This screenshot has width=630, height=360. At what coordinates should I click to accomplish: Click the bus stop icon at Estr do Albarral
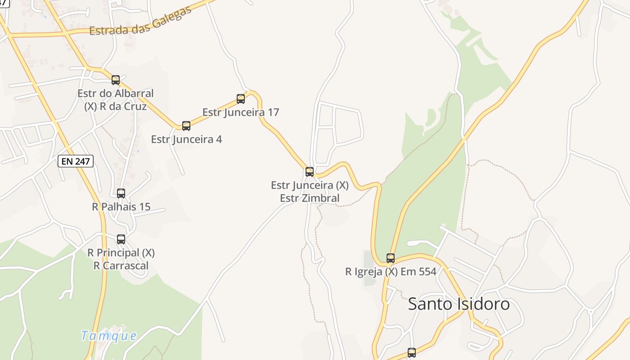tap(116, 80)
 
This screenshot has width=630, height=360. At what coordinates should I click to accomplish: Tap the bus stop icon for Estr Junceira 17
tap(241, 99)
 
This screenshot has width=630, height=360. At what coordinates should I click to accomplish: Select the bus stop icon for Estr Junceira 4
tap(186, 126)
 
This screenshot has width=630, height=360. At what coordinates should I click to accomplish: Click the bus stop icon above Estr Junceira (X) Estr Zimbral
tap(310, 171)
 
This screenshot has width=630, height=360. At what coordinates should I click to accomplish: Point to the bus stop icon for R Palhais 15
tap(121, 193)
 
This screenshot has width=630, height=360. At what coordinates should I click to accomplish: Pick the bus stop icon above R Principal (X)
tap(121, 239)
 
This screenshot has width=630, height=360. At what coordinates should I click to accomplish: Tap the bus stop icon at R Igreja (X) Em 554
tap(391, 258)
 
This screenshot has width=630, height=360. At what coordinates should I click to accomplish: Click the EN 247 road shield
tap(76, 161)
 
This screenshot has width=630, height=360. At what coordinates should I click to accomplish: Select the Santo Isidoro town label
tap(459, 304)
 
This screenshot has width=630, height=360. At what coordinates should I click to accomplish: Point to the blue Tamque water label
tap(109, 336)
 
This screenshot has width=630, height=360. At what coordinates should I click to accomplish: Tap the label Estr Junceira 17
tap(241, 112)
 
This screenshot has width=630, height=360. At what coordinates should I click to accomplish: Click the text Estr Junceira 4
tap(186, 139)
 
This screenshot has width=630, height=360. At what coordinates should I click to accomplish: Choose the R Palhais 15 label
tap(121, 207)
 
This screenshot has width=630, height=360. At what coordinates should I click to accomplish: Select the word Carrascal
tap(126, 265)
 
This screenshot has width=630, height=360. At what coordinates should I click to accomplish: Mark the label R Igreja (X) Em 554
tap(391, 272)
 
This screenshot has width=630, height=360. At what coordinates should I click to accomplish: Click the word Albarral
tap(134, 94)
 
